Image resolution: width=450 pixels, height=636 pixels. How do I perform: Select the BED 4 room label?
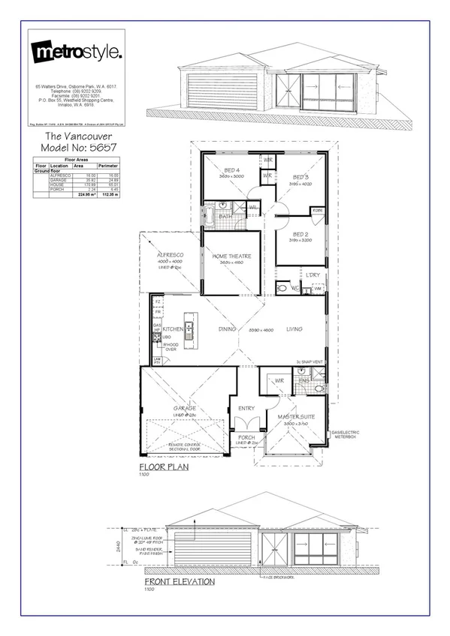[233, 171]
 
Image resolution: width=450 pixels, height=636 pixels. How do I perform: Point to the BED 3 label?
[301, 177]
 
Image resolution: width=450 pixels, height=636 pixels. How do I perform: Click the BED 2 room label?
[301, 235]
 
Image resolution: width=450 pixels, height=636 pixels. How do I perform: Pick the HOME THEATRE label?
[231, 256]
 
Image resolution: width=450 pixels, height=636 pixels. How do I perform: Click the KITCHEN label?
[174, 328]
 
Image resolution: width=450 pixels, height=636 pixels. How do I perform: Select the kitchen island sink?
[190, 328]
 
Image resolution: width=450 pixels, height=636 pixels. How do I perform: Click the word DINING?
[228, 328]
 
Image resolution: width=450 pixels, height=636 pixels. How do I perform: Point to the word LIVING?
[294, 328]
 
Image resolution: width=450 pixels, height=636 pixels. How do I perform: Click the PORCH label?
[246, 437]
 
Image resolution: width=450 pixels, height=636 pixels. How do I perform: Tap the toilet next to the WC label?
[283, 287]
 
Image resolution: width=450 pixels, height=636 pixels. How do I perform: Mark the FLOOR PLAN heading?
[163, 466]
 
